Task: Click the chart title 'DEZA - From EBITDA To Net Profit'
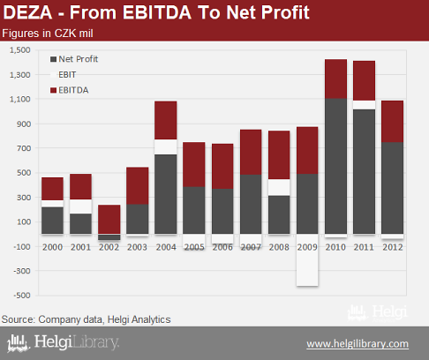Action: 156,12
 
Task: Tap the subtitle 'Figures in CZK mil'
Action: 48,34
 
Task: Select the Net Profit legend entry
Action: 74,59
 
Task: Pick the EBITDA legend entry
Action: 70,90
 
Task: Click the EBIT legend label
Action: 67,75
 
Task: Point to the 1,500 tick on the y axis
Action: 20,50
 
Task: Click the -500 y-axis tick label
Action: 22,296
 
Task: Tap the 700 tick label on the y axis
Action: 24,148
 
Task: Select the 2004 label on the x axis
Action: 166,247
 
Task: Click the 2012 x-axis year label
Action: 393,247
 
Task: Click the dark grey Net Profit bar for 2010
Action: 335,166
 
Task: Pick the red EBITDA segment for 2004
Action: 166,120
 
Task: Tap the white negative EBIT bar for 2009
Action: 307,260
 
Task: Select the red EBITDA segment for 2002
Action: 109,220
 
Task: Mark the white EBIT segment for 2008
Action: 279,187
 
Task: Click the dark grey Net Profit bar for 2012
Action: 393,188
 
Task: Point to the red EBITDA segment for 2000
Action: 52,189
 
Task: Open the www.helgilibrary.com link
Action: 357,344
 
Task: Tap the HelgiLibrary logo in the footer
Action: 63,342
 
